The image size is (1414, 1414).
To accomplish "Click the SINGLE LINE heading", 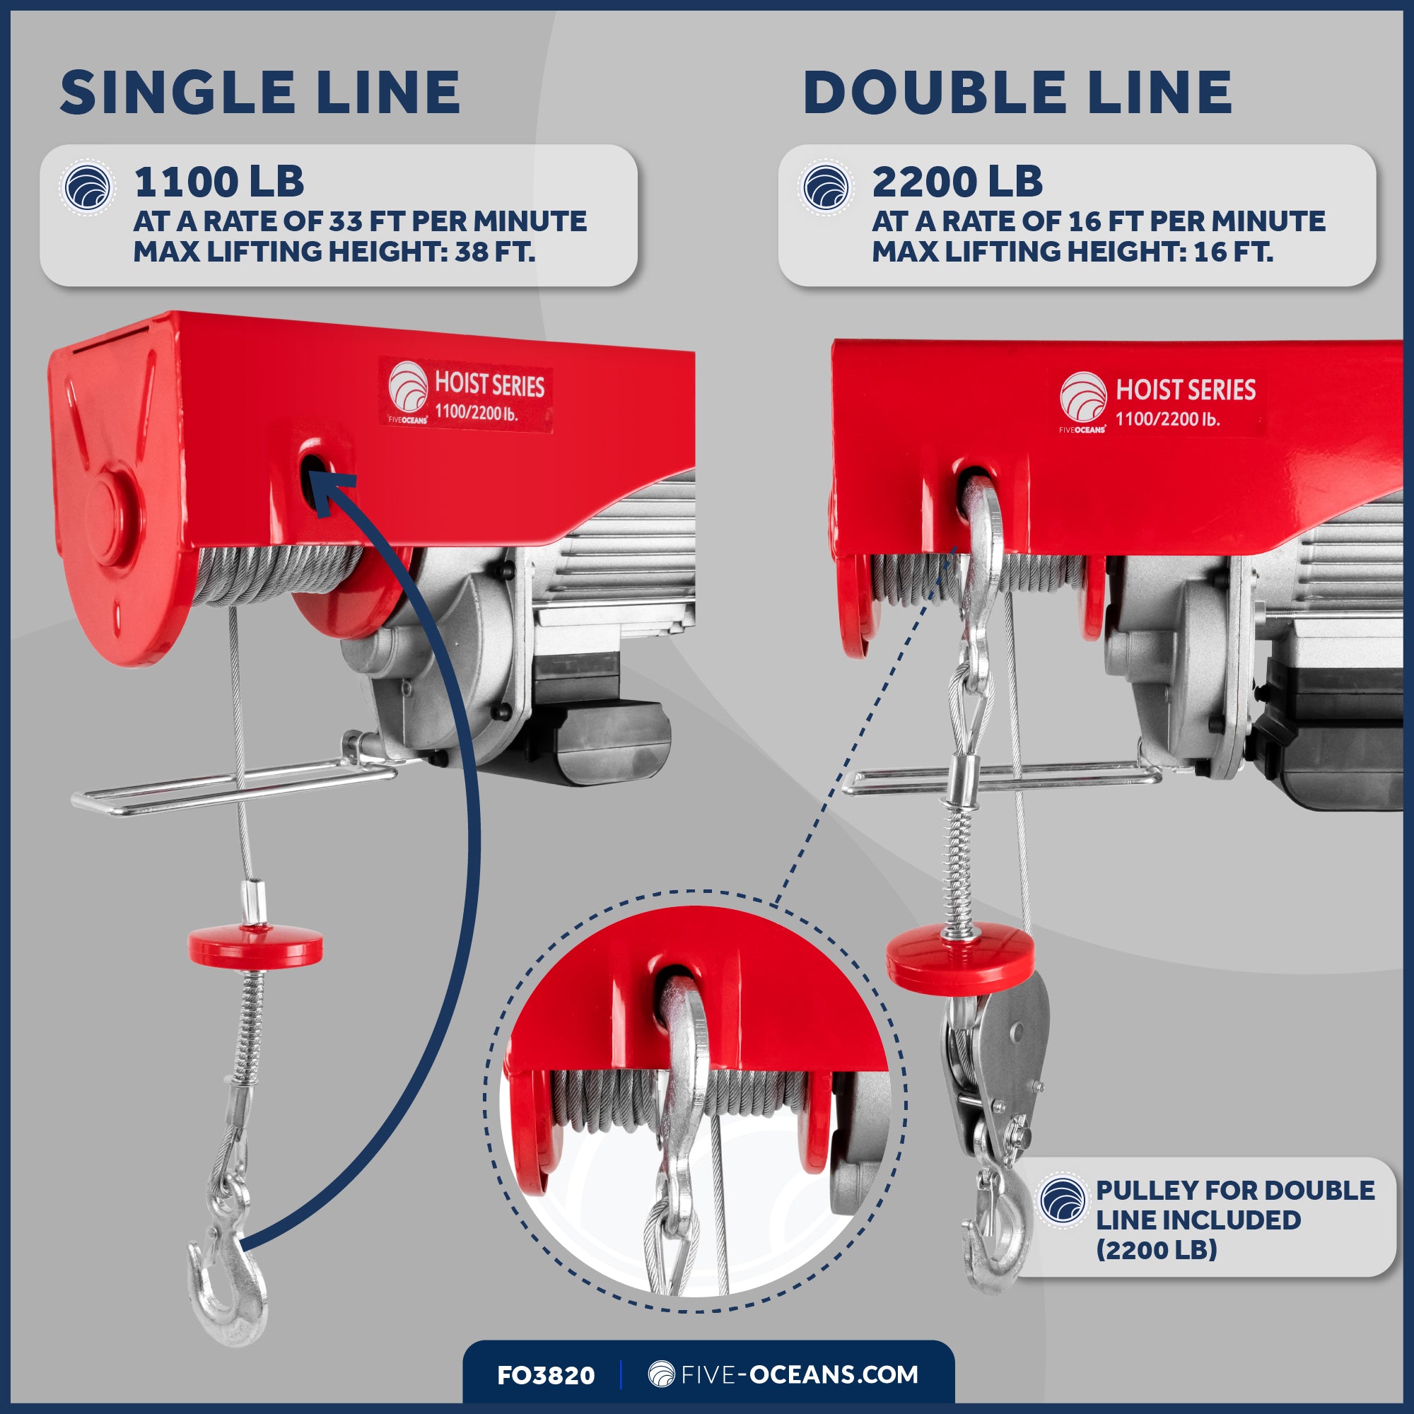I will point(259,93).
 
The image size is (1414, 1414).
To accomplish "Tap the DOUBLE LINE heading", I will point(1017,93).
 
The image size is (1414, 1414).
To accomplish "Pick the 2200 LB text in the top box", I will point(957,182).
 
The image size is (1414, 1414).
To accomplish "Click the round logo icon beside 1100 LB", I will point(87,188).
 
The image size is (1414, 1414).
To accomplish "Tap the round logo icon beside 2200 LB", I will point(826,188).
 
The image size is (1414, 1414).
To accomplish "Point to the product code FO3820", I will point(546,1375).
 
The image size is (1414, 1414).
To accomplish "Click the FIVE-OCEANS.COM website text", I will point(784,1374).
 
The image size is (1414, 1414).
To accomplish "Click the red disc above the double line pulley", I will point(959,957).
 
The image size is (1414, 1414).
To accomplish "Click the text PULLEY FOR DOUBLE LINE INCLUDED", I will point(1234,1220).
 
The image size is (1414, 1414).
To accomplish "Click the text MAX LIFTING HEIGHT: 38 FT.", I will point(334,252).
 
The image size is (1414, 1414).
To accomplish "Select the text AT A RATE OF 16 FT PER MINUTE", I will point(1098,221).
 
